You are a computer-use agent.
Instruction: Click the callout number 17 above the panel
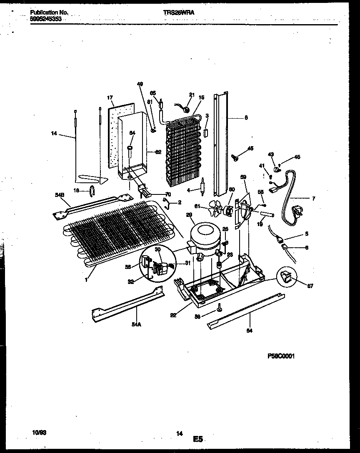pos(110,98)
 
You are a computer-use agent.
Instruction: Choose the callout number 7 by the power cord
pos(313,199)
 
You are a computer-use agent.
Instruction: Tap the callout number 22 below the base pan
pos(173,315)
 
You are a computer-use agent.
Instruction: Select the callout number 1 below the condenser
pos(86,280)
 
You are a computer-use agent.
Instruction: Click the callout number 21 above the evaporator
pos(192,95)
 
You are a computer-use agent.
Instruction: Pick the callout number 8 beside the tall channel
pos(246,117)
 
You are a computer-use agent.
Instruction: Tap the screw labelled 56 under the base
pos(218,309)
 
